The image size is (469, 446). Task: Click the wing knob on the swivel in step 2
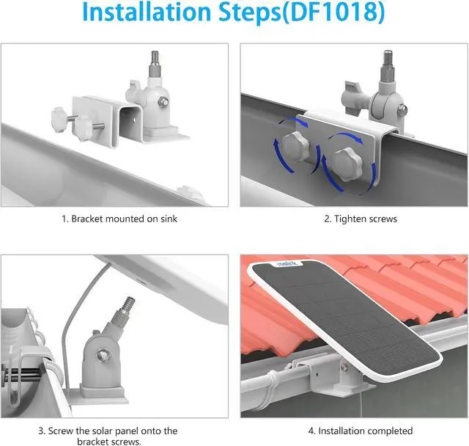point(349,96)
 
